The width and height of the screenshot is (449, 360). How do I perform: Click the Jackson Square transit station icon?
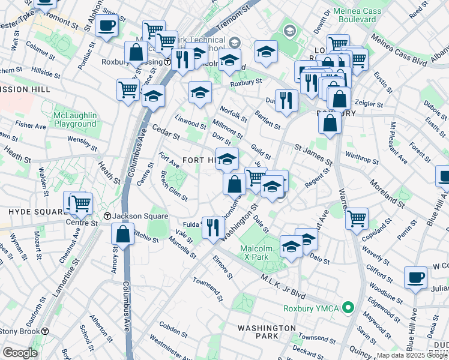click(x=107, y=216)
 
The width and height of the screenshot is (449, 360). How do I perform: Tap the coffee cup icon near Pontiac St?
click(x=107, y=26)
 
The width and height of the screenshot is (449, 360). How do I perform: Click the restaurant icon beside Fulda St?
click(x=213, y=227)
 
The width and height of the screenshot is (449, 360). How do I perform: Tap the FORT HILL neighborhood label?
click(x=198, y=160)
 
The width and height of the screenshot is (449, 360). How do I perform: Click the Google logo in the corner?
click(x=20, y=353)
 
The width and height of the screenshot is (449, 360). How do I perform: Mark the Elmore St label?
click(x=221, y=267)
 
